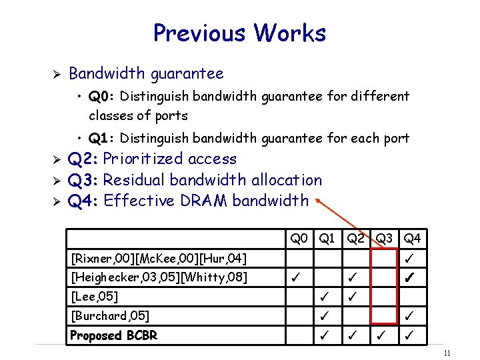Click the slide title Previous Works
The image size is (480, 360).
click(239, 33)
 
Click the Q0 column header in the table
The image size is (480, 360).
click(298, 238)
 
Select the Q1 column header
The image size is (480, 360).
click(327, 238)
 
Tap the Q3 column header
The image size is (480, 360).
click(384, 238)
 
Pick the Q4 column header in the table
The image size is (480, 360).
click(412, 238)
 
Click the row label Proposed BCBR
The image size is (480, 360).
click(114, 335)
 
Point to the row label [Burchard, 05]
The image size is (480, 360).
click(110, 315)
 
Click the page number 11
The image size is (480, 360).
click(447, 353)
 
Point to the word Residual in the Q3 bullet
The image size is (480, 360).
click(135, 179)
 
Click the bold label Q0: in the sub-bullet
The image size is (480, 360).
click(103, 96)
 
